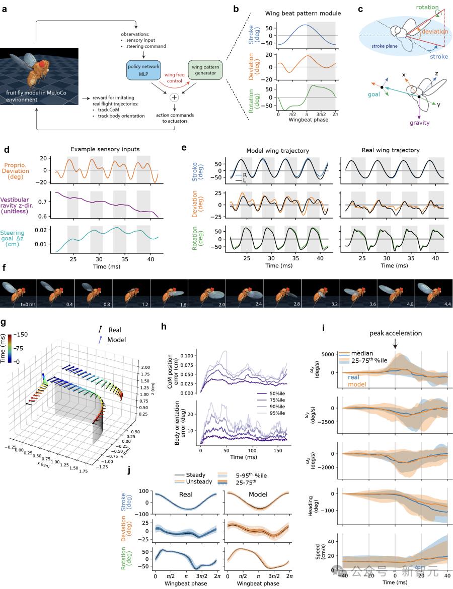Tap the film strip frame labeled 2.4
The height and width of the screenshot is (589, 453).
(244, 294)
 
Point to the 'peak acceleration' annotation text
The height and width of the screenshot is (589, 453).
(395, 334)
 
